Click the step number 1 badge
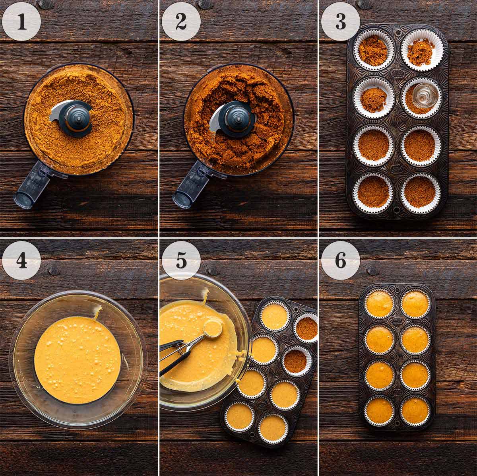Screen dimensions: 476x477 pyautogui.click(x=21, y=21)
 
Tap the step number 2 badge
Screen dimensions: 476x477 pyautogui.click(x=181, y=21)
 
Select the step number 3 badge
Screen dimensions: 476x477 pyautogui.click(x=341, y=21)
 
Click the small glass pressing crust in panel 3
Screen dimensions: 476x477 pyautogui.click(x=420, y=95)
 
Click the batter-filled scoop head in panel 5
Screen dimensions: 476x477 pyautogui.click(x=213, y=328)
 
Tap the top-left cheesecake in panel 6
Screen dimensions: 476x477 pyautogui.click(x=380, y=305)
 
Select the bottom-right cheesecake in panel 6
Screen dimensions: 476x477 pyautogui.click(x=415, y=410)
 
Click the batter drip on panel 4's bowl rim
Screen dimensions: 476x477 pyautogui.click(x=96, y=314)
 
